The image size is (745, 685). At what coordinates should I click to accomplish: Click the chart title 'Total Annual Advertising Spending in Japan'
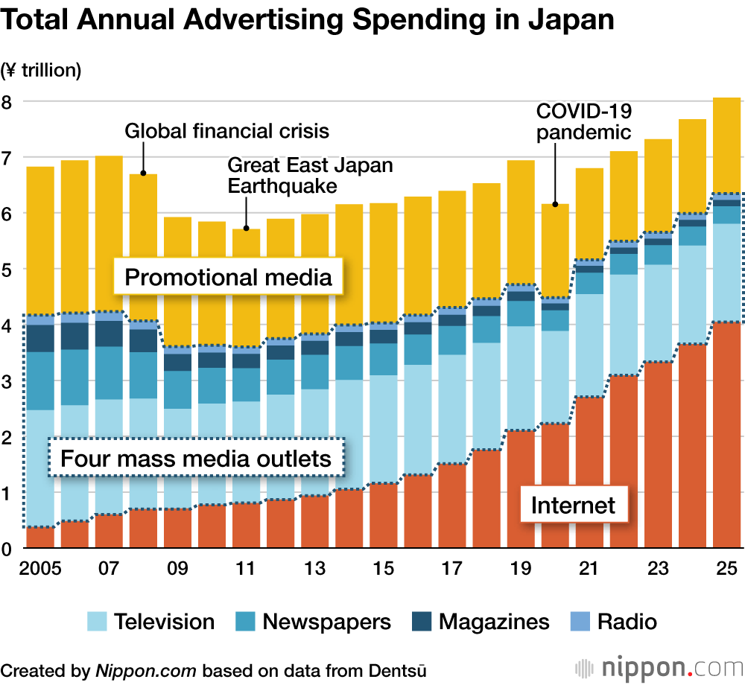[307, 20]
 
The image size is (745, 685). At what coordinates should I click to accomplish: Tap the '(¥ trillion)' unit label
[41, 71]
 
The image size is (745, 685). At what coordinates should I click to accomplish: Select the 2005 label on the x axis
[40, 569]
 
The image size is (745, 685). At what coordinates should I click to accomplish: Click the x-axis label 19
[520, 569]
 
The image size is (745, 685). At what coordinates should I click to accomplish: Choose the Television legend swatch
[98, 622]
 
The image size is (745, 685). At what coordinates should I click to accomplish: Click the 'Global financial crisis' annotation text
[226, 132]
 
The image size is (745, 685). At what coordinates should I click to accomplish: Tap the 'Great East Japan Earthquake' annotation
[309, 175]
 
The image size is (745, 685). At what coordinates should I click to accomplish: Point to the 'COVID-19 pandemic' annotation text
[584, 122]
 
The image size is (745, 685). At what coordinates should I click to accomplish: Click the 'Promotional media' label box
[227, 278]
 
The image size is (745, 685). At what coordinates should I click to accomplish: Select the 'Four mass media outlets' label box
[195, 458]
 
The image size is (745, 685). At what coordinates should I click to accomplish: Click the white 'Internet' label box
[573, 506]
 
